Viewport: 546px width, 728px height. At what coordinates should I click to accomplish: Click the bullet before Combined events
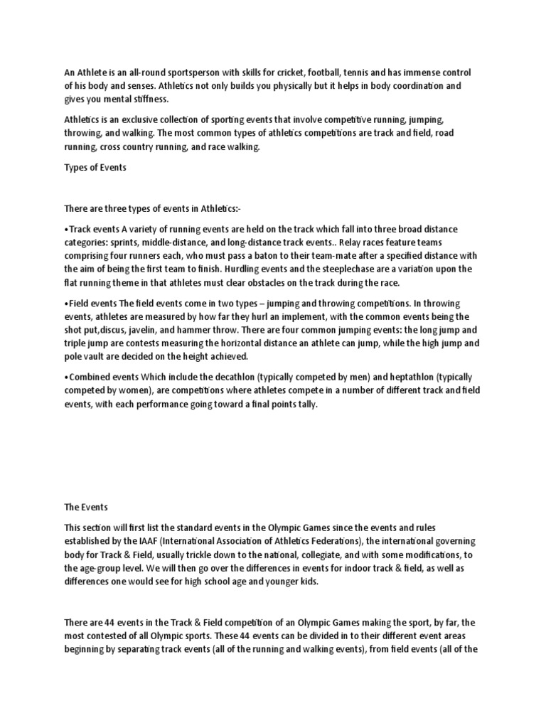[66, 376]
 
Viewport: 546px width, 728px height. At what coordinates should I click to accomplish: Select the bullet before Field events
[66, 303]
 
